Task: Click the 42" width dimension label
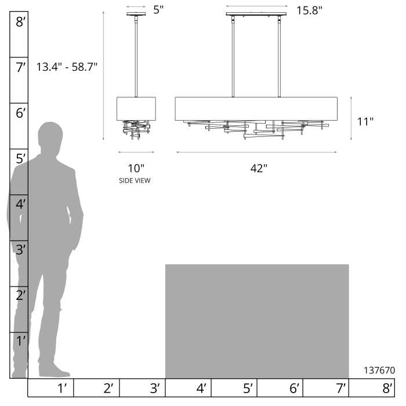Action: click(259, 168)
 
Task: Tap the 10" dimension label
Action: click(136, 168)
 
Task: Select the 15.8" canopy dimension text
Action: click(309, 10)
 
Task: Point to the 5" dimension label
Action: click(158, 10)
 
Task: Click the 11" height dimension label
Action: click(365, 122)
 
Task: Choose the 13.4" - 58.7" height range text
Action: click(67, 67)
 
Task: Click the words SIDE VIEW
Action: click(135, 180)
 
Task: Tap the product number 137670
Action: click(379, 370)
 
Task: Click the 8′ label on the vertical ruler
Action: click(20, 22)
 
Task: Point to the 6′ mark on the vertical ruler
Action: click(20, 113)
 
